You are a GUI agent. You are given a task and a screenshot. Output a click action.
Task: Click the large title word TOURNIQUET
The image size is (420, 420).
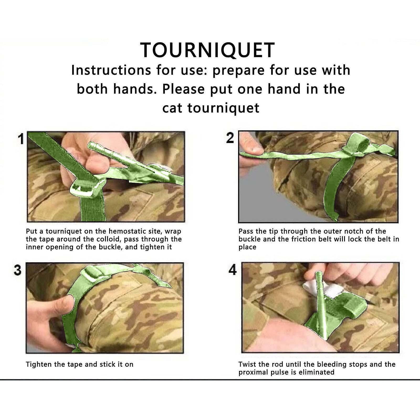pos(207,50)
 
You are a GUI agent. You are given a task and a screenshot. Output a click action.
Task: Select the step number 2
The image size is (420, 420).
pos(230,138)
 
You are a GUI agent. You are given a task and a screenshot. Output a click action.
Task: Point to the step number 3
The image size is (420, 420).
pos(18,270)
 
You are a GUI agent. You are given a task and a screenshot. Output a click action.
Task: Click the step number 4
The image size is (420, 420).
pos(233,270)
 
